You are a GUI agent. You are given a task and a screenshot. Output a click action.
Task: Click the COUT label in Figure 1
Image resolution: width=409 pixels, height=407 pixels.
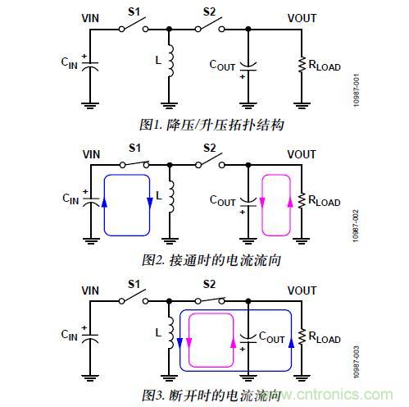coord(222,63)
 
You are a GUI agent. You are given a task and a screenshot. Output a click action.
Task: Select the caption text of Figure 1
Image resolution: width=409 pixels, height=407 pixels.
coord(211,125)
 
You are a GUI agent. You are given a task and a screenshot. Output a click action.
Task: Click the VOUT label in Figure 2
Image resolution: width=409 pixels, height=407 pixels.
coord(302,154)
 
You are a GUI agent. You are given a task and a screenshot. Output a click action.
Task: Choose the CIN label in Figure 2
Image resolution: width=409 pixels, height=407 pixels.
coord(73,198)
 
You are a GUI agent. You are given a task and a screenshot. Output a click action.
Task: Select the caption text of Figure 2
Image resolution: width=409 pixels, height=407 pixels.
coord(211,261)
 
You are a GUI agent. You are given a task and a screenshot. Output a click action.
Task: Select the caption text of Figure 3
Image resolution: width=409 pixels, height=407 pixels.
coord(211,396)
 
